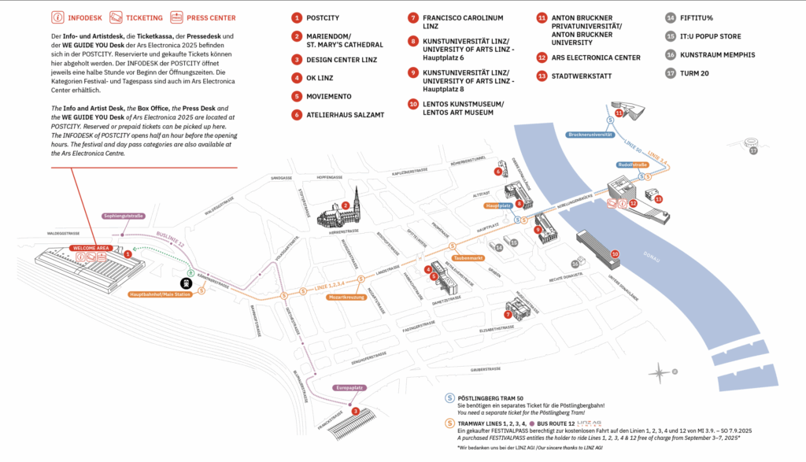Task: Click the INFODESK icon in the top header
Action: (57, 17)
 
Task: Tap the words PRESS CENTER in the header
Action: (209, 17)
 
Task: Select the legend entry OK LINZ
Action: (320, 78)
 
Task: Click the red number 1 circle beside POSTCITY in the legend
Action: (297, 17)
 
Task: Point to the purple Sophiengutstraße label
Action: (123, 216)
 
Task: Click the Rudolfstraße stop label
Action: (632, 164)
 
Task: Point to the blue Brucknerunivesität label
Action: (590, 135)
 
